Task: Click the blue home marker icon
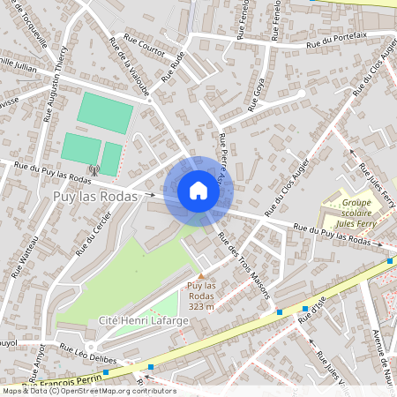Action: point(198,190)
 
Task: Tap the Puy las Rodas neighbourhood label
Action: point(95,197)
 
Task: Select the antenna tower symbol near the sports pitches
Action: point(94,169)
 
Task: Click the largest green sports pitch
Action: point(104,114)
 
